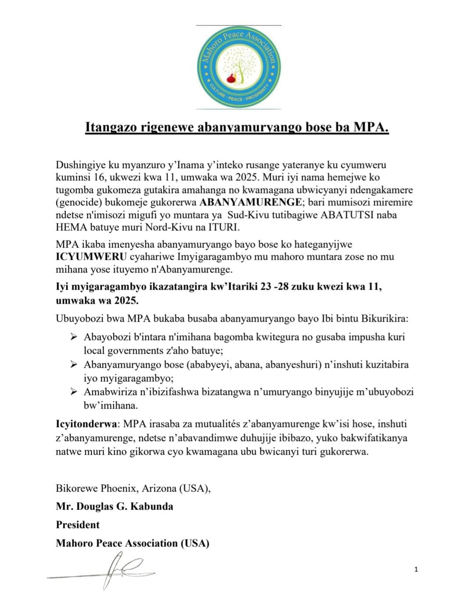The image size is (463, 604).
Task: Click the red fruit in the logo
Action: click(x=230, y=79)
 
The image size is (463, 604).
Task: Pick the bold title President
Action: click(x=78, y=525)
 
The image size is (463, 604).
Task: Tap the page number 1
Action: click(x=416, y=569)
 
